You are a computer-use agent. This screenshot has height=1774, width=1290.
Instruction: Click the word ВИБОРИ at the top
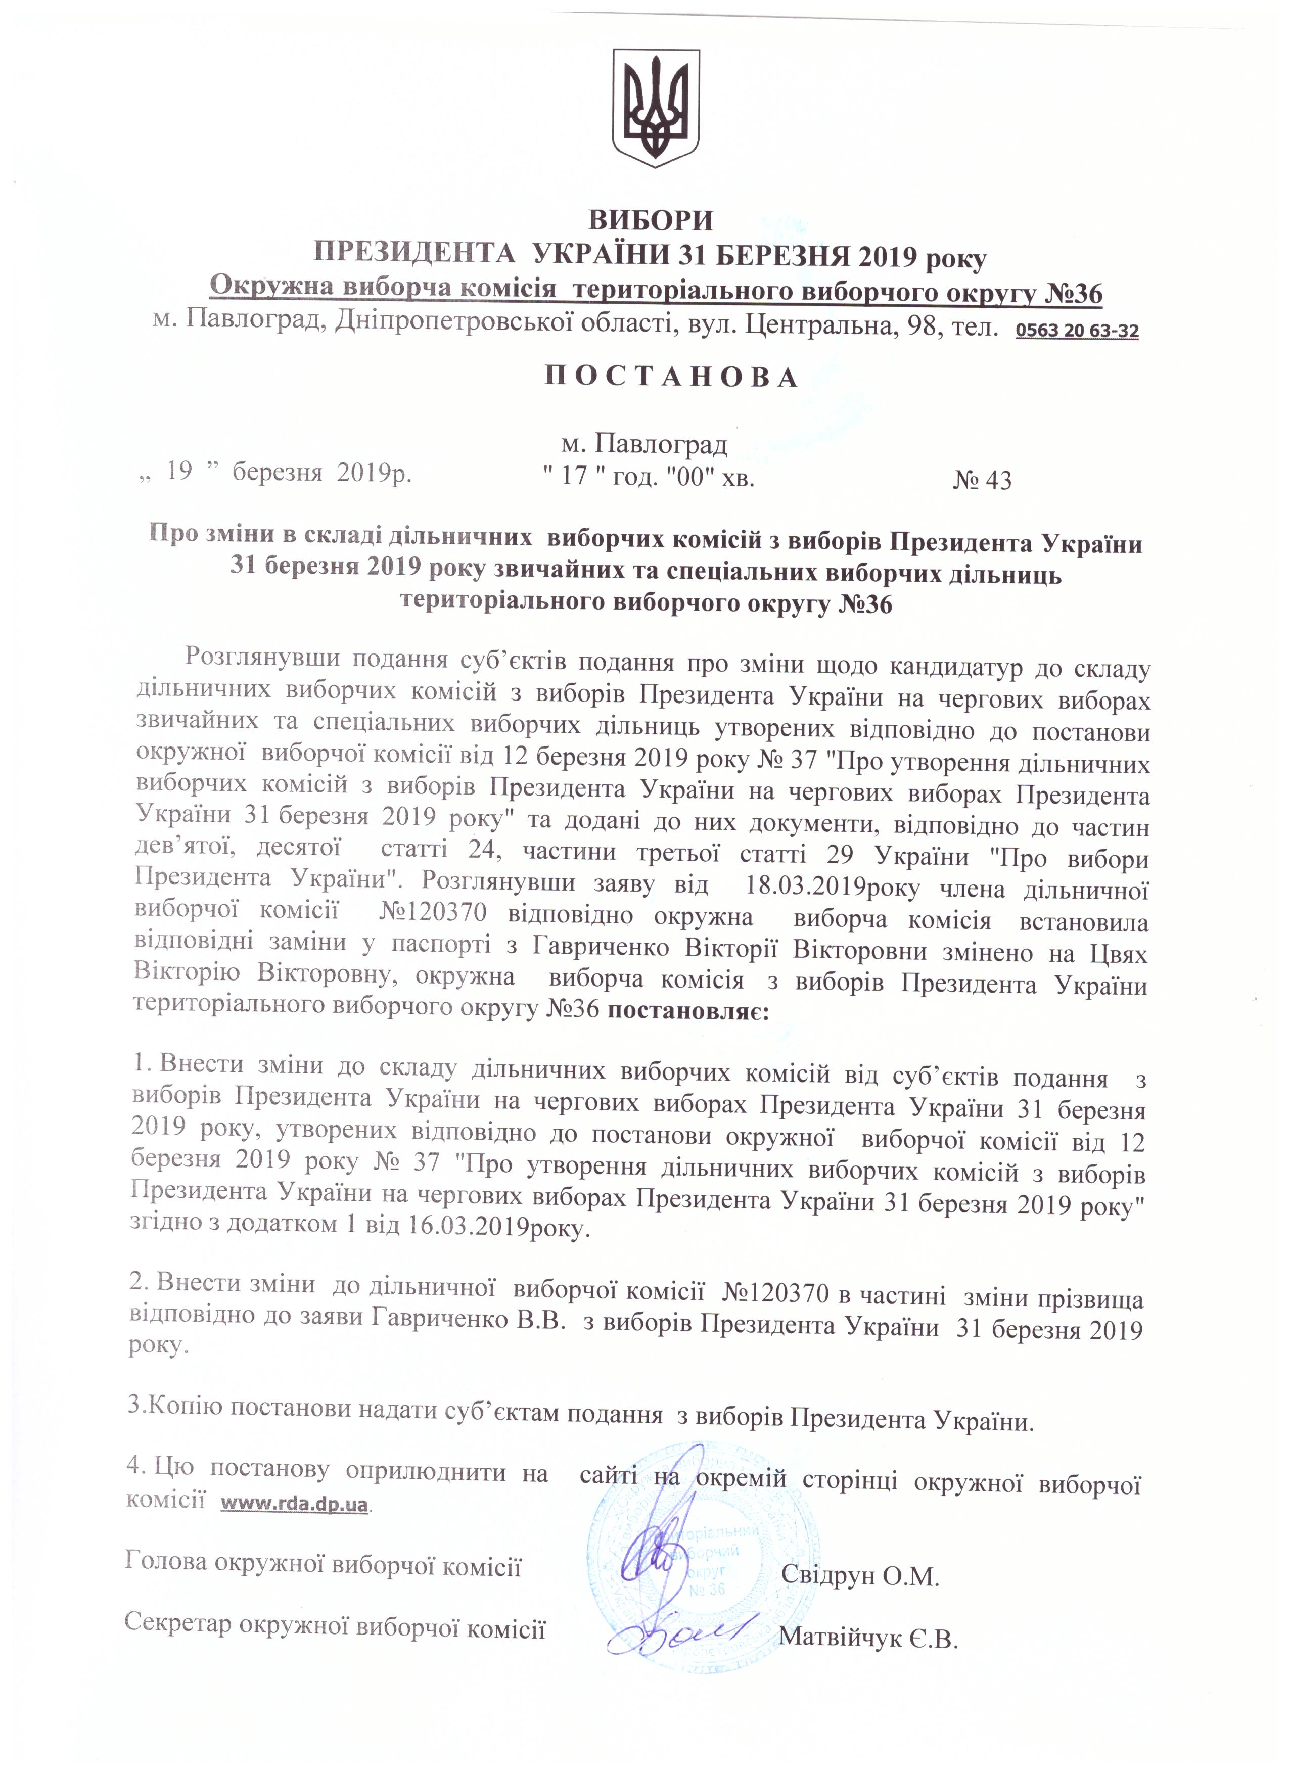651,220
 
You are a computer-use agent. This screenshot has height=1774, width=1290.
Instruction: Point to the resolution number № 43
983,480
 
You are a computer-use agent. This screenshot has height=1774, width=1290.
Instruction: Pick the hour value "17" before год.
575,476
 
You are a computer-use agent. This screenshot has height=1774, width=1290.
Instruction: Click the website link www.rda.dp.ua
294,1504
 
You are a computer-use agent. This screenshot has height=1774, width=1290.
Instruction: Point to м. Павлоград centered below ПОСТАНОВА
644,444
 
